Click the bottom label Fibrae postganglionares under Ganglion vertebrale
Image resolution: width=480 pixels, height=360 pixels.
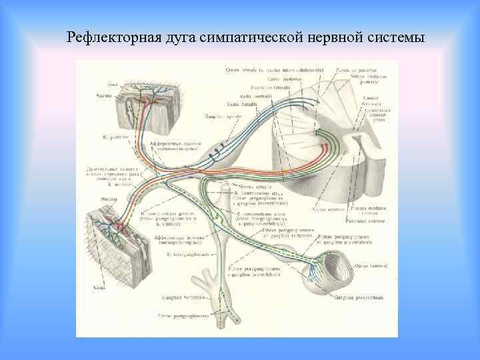click(183, 315)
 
